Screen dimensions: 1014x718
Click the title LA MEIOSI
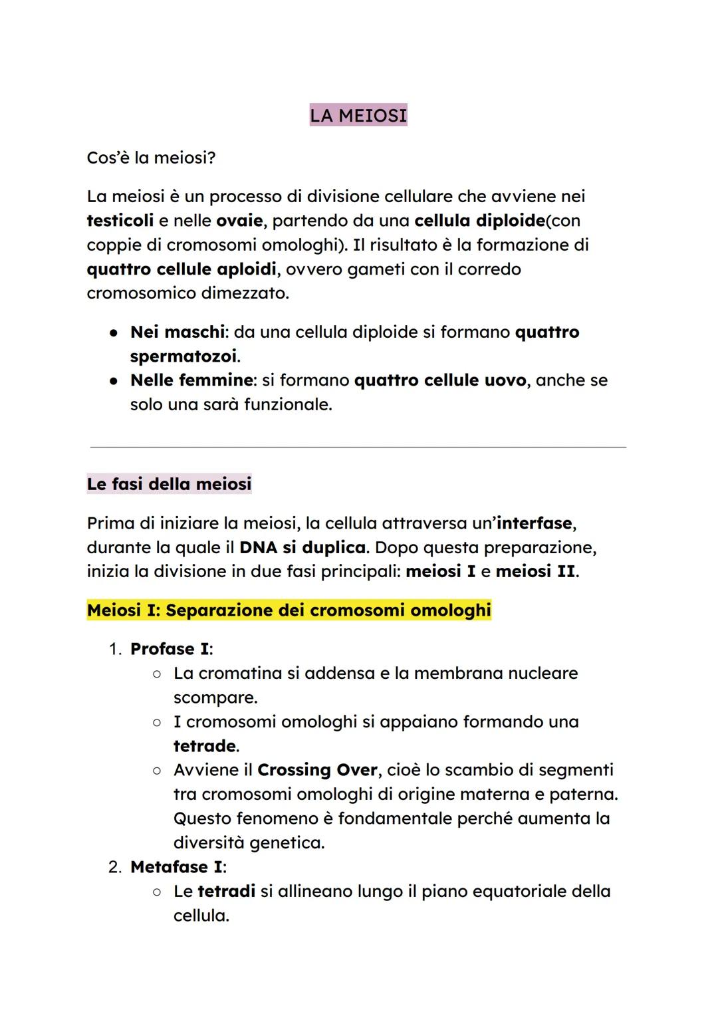[358, 116]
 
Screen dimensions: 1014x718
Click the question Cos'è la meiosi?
[151, 158]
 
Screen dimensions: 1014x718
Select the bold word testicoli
[120, 221]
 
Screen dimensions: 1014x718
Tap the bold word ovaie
[239, 221]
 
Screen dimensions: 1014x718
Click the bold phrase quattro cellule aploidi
[181, 269]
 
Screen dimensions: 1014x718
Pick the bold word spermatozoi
[183, 356]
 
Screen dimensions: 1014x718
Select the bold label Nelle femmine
[191, 380]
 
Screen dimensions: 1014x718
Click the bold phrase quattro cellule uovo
[440, 380]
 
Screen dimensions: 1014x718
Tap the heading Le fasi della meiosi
[169, 484]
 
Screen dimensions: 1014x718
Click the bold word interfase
[534, 523]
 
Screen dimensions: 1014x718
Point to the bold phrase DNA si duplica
[302, 548]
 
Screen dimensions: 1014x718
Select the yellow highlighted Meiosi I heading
[289, 610]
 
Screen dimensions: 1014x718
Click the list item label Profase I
[170, 649]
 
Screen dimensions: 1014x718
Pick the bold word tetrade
[204, 746]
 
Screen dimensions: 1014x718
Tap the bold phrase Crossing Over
[317, 770]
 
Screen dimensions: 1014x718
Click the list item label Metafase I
[176, 867]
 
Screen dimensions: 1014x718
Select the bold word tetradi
[226, 892]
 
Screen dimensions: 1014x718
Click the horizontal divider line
[358, 447]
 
